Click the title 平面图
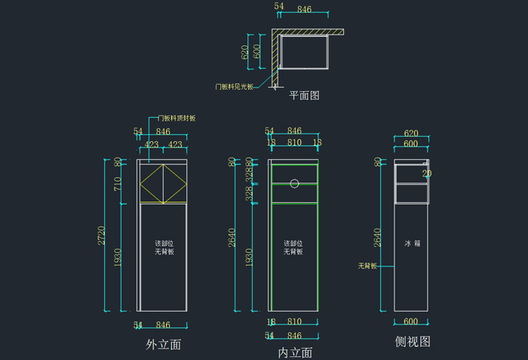coord(305,96)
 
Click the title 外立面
coord(163,345)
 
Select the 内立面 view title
coord(295,352)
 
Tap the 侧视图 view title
coord(413,341)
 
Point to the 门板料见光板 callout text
coord(235,87)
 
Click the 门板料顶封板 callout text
coord(177,118)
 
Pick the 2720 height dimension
coord(102,235)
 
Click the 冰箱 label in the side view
coord(412,244)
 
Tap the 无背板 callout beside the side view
coord(367,266)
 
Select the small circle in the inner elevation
coord(295,183)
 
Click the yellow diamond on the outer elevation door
coord(163,184)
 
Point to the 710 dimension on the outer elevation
coord(118,184)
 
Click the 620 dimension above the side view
coord(410,134)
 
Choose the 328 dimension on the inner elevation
coord(250,194)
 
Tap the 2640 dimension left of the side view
coord(378,238)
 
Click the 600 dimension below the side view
coord(411,322)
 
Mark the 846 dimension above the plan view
coord(304,9)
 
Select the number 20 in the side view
coord(427,174)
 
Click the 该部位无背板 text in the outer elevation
coord(164,248)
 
